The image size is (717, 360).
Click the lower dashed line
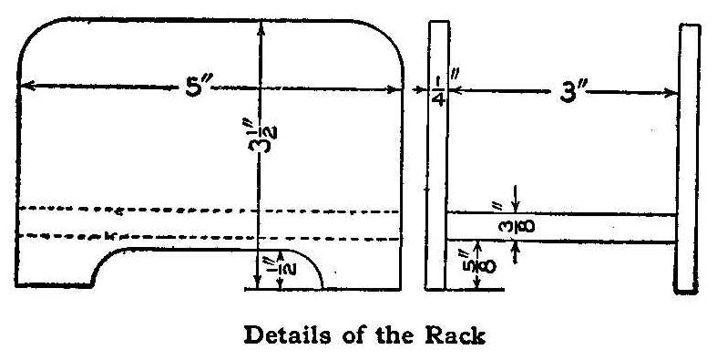point(210,238)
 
